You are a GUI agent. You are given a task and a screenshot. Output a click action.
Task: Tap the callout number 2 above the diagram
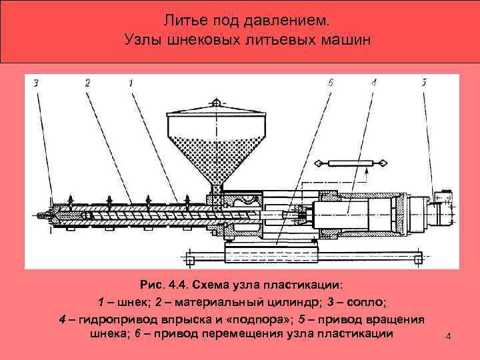pyautogui.click(x=87, y=83)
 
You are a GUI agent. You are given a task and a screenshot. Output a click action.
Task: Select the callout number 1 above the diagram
pyautogui.click(x=131, y=83)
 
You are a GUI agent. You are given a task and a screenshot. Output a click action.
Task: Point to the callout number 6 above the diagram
pyautogui.click(x=330, y=83)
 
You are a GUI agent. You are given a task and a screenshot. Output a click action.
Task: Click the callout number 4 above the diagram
pyautogui.click(x=374, y=83)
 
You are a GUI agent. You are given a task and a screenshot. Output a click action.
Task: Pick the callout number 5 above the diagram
pyautogui.click(x=424, y=83)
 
